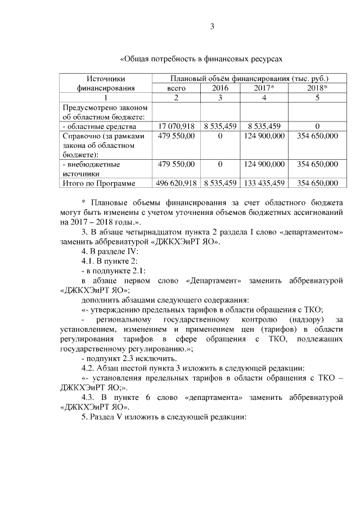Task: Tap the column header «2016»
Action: click(220, 88)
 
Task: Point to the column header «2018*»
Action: click(317, 88)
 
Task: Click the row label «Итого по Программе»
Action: click(99, 183)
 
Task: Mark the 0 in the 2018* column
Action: click(317, 125)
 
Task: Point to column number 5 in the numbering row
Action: click(317, 98)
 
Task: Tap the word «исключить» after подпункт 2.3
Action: click(159, 359)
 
